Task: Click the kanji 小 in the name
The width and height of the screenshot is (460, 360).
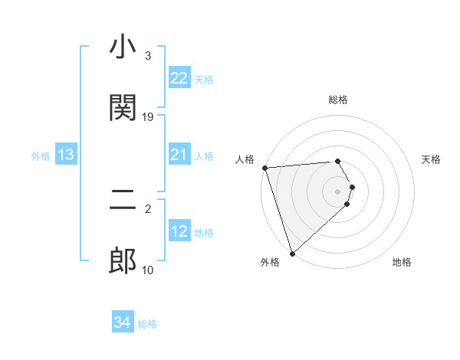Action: pyautogui.click(x=123, y=49)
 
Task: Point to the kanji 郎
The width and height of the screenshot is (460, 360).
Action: pyautogui.click(x=123, y=261)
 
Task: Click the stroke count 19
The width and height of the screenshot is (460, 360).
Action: pyautogui.click(x=148, y=117)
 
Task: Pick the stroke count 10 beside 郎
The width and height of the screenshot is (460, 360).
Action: pyautogui.click(x=148, y=270)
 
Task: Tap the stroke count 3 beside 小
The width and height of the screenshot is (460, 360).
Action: pyautogui.click(x=148, y=56)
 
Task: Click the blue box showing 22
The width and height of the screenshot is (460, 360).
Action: pyautogui.click(x=179, y=78)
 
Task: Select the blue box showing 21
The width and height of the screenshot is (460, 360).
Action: pyautogui.click(x=179, y=155)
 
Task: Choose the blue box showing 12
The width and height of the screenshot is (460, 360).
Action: pyautogui.click(x=179, y=232)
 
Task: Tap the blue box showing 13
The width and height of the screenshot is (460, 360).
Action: pyautogui.click(x=66, y=155)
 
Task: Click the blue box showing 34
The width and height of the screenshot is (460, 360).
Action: pyautogui.click(x=123, y=323)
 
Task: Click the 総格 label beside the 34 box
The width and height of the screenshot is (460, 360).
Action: pyautogui.click(x=148, y=324)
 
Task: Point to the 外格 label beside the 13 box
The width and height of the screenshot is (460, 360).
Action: pyautogui.click(x=41, y=156)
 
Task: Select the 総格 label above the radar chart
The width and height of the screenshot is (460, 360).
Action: pyautogui.click(x=338, y=100)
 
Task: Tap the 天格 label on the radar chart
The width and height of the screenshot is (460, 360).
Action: pyautogui.click(x=432, y=159)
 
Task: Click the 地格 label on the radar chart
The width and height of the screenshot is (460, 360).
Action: pyautogui.click(x=402, y=262)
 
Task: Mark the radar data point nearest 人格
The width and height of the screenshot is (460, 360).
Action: pyautogui.click(x=264, y=168)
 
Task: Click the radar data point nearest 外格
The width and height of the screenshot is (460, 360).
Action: pyautogui.click(x=292, y=253)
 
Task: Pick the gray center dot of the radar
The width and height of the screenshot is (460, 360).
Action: pyautogui.click(x=338, y=191)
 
